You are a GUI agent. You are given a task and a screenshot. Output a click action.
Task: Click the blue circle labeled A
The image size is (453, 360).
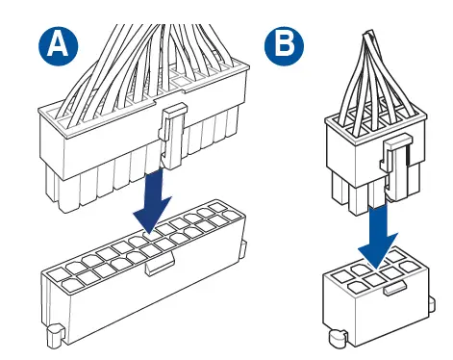[58, 45]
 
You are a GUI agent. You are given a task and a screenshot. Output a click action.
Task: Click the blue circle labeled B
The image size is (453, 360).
[284, 45]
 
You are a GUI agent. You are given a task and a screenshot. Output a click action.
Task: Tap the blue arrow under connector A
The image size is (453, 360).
[153, 201]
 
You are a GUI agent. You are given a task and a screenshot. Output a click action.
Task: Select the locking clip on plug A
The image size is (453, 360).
[172, 136]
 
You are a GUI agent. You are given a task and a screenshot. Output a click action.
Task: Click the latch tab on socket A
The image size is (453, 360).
[160, 263]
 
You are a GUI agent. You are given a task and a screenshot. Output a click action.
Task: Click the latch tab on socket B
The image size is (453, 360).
[395, 287]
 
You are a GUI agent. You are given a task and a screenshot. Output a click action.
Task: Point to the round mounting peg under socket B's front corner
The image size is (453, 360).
[338, 339]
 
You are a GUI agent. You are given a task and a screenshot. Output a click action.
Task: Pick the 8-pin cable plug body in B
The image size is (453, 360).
[376, 161]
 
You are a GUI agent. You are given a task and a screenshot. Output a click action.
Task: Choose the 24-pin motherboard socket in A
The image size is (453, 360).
[143, 276]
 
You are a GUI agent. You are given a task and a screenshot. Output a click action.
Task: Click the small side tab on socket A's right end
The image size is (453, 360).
[243, 250]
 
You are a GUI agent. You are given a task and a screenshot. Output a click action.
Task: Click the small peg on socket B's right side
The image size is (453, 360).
[432, 303]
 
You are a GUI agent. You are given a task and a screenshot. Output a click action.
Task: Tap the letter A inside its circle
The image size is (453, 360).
[58, 45]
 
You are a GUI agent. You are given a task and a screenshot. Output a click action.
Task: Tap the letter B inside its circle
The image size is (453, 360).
[285, 45]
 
